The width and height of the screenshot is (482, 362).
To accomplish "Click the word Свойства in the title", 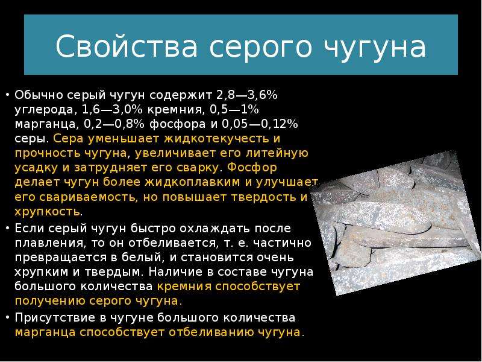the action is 127,46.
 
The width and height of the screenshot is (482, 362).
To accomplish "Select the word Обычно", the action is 39,95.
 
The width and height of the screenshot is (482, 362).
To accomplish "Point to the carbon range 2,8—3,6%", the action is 247,95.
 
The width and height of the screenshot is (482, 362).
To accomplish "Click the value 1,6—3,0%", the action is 113,110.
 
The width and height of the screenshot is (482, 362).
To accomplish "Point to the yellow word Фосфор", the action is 252,168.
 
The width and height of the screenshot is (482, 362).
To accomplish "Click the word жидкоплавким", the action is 192,182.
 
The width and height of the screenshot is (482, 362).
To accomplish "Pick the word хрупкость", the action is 48,212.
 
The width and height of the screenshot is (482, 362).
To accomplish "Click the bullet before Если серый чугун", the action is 7,229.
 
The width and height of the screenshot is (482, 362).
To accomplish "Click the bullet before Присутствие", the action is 7,318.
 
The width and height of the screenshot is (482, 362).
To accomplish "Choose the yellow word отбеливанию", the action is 211,333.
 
